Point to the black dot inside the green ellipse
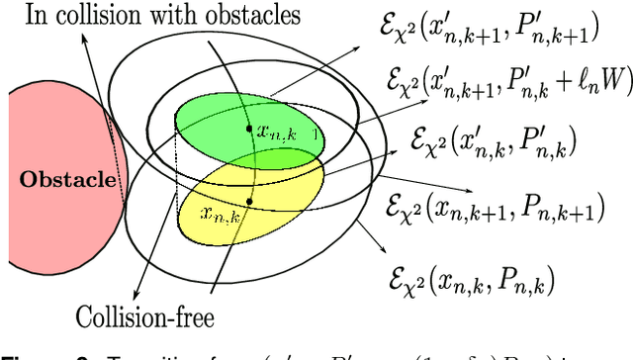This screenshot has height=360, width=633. click(x=248, y=131)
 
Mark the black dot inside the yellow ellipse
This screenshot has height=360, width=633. click(x=249, y=202)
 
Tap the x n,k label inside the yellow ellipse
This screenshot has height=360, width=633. click(x=219, y=212)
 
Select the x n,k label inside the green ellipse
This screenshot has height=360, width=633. click(x=276, y=131)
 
